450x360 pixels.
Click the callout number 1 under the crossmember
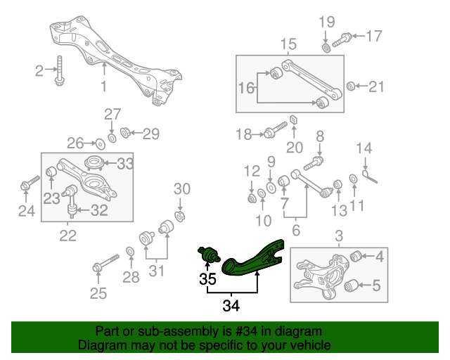(x=104, y=87)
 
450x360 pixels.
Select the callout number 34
(x=231, y=305)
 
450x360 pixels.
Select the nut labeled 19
(x=326, y=47)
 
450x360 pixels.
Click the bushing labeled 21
(x=350, y=86)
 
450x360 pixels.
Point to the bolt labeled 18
(x=274, y=131)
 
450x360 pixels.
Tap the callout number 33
(x=125, y=164)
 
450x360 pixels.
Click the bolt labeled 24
(x=27, y=186)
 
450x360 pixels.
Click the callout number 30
(x=181, y=188)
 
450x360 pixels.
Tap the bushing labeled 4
(x=356, y=255)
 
